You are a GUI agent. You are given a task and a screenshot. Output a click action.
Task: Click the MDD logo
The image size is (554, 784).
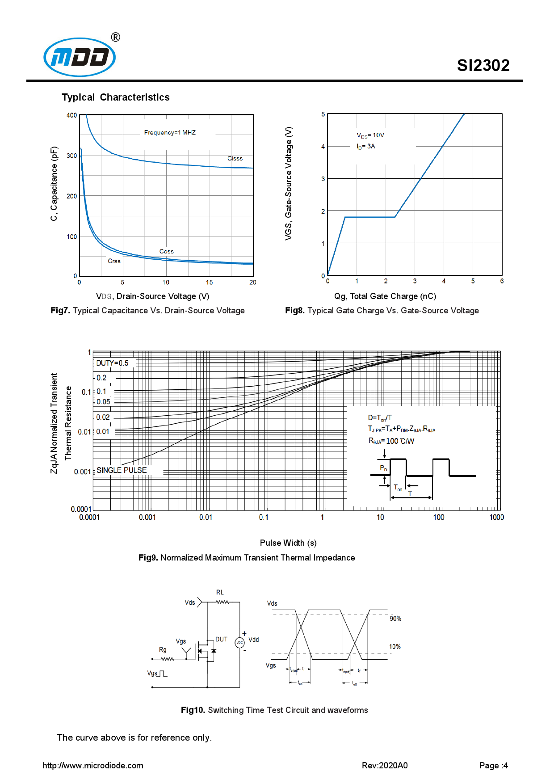80,57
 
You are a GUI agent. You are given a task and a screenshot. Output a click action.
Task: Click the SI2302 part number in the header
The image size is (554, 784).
483,66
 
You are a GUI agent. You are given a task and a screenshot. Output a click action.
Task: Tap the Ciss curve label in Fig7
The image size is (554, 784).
235,159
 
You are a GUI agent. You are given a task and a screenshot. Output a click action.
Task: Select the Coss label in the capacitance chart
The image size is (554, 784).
167,252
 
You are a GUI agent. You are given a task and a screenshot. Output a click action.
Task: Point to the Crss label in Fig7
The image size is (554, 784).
114,261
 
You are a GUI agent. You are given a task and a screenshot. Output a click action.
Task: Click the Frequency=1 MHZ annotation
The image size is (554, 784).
170,133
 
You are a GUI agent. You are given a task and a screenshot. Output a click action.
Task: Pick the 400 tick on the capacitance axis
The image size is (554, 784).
71,115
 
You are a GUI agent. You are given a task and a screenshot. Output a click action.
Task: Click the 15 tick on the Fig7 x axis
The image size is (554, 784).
210,282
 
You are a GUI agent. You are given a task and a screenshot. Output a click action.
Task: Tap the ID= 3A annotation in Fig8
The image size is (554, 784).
366,147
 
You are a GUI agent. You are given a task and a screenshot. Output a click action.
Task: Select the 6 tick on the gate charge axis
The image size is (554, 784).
502,281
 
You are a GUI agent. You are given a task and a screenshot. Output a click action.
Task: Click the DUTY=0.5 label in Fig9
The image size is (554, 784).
112,363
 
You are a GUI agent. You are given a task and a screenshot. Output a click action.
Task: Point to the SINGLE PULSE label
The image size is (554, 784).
122,470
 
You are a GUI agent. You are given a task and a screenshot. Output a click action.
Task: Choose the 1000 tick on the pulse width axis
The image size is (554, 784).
496,517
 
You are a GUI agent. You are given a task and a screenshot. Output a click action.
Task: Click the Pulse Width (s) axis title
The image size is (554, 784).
288,543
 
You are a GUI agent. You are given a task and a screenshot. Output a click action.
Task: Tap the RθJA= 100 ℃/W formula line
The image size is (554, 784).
391,441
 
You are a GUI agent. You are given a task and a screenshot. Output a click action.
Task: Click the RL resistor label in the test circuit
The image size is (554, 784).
220,592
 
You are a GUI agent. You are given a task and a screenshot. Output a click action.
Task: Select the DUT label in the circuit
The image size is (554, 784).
222,639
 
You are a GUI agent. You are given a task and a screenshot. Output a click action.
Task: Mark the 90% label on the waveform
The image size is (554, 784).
395,619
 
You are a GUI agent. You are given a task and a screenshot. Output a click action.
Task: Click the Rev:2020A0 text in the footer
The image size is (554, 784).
385,766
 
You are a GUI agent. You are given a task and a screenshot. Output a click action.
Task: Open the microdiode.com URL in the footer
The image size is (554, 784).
93,766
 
